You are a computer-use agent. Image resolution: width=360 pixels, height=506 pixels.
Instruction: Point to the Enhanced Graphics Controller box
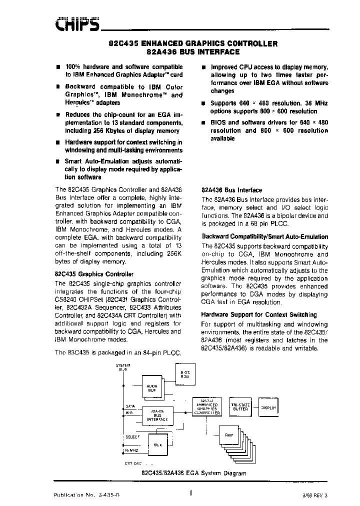[x=207, y=406]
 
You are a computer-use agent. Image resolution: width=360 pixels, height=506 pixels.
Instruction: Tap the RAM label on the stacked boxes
[x=229, y=435]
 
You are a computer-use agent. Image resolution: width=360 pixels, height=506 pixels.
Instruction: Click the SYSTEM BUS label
[x=122, y=367]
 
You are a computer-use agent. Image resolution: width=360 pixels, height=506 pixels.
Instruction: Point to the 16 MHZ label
[x=131, y=451]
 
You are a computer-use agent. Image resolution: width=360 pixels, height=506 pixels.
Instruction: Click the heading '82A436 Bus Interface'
[x=231, y=190]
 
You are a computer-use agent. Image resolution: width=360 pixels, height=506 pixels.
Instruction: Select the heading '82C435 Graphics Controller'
[x=93, y=274]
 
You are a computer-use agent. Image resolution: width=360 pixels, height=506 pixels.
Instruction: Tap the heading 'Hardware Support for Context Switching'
[x=258, y=314]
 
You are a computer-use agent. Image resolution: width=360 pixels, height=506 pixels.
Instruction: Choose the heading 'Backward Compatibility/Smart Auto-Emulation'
[x=264, y=236]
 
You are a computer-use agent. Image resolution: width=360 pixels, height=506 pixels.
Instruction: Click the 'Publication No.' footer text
[x=87, y=495]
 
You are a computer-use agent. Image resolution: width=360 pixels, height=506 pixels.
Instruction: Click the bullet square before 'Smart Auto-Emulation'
[x=59, y=161]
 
